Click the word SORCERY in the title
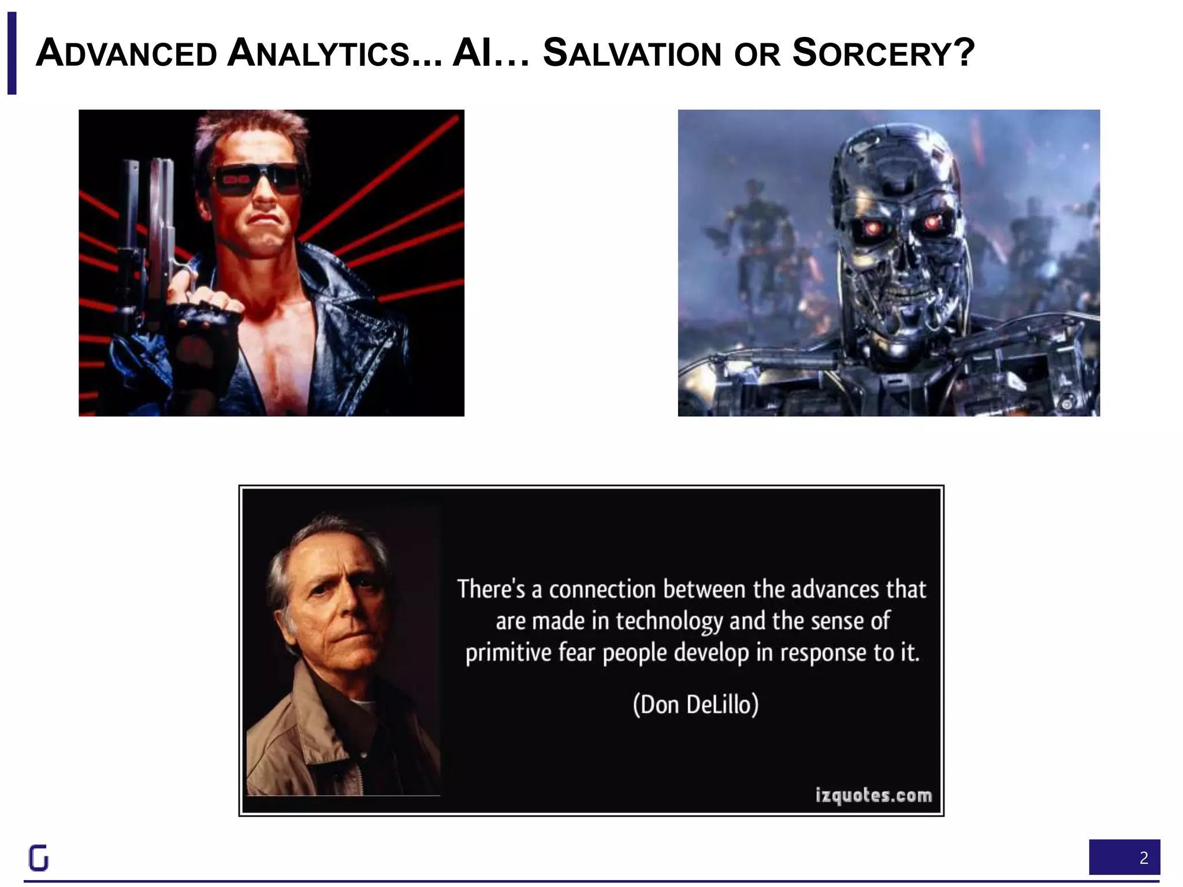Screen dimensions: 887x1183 coord(872,54)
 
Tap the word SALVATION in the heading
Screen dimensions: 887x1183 coord(632,54)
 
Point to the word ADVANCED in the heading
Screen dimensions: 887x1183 coord(126,54)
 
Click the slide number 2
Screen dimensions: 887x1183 coord(1143,858)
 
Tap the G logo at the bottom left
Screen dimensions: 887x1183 coord(39,858)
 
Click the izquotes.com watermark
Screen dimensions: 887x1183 coord(873,795)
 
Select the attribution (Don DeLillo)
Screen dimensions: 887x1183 coord(695,705)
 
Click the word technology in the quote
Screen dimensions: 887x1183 coord(669,621)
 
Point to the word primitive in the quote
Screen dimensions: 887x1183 coord(500,653)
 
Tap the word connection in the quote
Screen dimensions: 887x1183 coord(602,590)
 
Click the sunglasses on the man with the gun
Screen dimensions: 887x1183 coord(258,181)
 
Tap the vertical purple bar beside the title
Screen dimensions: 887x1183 coord(12,53)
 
